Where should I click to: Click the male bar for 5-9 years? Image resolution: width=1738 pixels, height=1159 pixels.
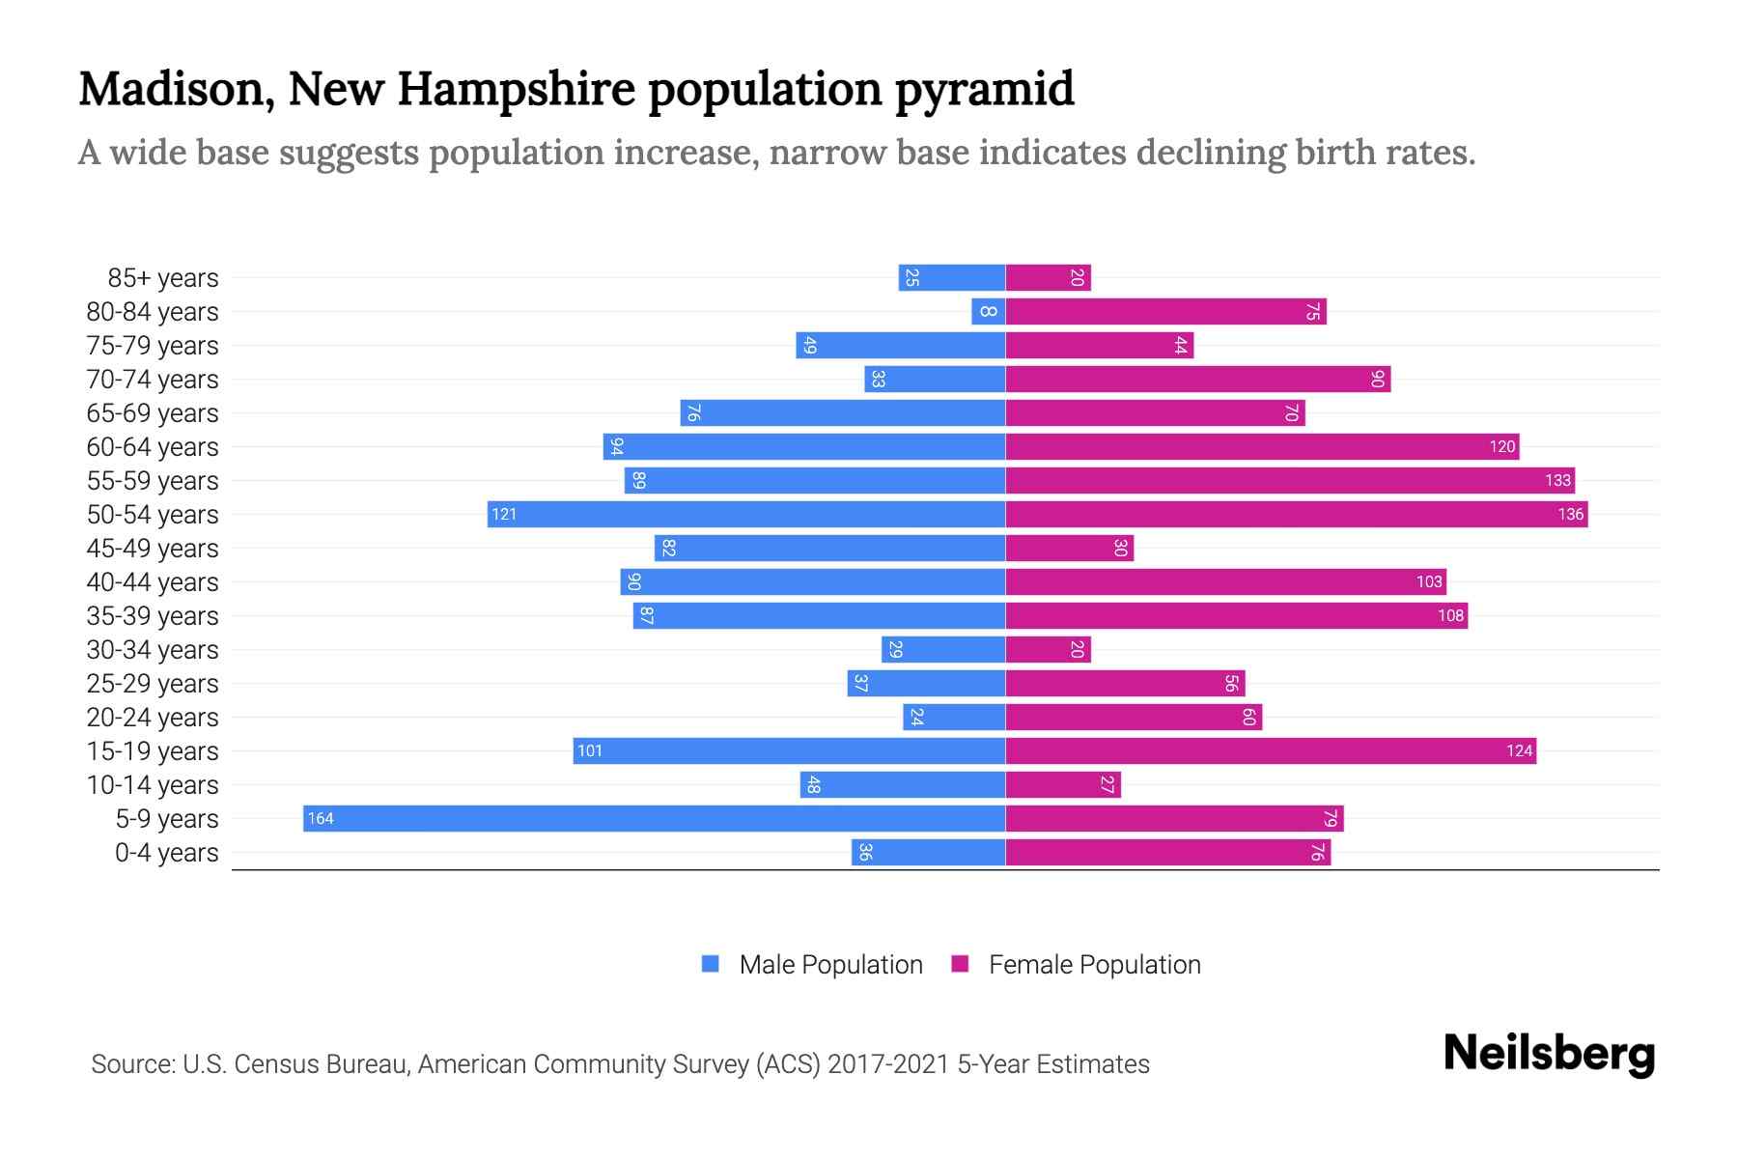point(654,819)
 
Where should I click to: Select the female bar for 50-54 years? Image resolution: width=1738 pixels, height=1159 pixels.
point(1296,515)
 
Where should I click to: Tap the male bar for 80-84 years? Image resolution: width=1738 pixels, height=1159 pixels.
point(989,312)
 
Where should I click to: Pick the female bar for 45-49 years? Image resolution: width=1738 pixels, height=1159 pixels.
point(1069,549)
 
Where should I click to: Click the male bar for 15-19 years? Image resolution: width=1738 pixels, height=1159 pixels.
point(789,751)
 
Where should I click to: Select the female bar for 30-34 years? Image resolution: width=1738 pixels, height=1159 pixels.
point(1048,650)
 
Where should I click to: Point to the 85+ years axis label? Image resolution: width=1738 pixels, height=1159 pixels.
point(163,278)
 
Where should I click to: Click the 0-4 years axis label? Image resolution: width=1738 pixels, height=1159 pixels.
point(166,853)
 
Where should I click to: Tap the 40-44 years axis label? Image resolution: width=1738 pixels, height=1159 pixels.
point(153,582)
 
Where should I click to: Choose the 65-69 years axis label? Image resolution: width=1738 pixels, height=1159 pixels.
point(153,413)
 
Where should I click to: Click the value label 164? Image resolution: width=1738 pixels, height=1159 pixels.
point(320,819)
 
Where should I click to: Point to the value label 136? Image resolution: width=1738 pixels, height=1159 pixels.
point(1570,515)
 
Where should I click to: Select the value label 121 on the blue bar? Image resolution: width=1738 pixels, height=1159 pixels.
point(504,515)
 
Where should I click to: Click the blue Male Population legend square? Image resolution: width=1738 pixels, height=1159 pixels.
point(711,964)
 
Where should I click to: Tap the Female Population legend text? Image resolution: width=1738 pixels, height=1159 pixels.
point(1094,965)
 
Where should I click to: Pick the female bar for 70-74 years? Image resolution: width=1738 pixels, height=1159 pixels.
point(1197,380)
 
